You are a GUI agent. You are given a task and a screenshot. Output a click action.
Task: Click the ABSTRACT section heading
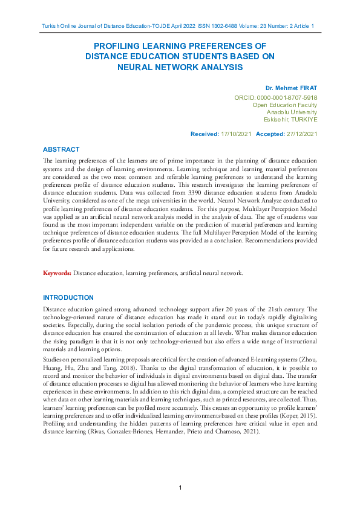pyautogui.click(x=61, y=149)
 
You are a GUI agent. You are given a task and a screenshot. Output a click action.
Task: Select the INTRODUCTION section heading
pyautogui.click(x=68, y=297)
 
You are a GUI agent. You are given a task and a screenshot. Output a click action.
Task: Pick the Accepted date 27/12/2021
pyautogui.click(x=301, y=134)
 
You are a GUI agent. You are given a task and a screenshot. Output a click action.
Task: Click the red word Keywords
pyautogui.click(x=57, y=273)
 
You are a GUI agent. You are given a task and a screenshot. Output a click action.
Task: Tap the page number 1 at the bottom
pyautogui.click(x=180, y=487)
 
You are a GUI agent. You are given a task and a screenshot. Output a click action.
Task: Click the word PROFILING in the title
pyautogui.click(x=123, y=46)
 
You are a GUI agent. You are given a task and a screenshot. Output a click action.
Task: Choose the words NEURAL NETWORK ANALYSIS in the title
pyautogui.click(x=180, y=67)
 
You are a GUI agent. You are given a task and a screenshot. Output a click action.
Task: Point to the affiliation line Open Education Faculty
pyautogui.click(x=285, y=105)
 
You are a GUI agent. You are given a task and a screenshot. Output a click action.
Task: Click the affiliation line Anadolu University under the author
pyautogui.click(x=292, y=112)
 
